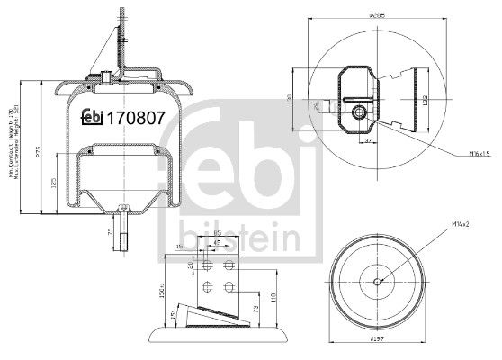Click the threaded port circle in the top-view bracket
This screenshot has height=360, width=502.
pyautogui.click(x=362, y=112)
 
